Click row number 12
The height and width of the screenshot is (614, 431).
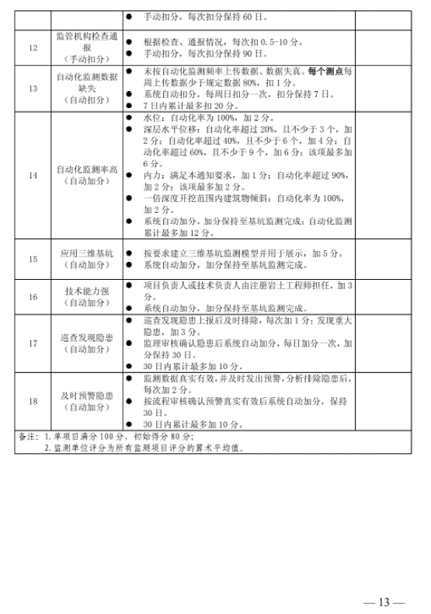pyautogui.click(x=33, y=47)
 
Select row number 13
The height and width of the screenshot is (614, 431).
pyautogui.click(x=33, y=88)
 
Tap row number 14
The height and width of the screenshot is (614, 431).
pyautogui.click(x=33, y=175)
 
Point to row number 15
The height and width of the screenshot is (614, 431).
pyautogui.click(x=33, y=259)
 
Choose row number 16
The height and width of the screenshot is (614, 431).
pyautogui.click(x=33, y=297)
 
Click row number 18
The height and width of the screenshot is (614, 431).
pyautogui.click(x=33, y=401)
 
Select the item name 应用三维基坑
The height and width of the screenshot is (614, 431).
pyautogui.click(x=87, y=253)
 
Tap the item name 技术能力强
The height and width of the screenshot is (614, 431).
pyautogui.click(x=87, y=291)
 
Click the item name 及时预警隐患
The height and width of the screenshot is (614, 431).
pyautogui.click(x=87, y=396)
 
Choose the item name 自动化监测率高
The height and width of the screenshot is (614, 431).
pyautogui.click(x=87, y=169)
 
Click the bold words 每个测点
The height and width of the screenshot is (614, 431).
pyautogui.click(x=326, y=70)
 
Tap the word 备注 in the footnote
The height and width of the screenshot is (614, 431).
pyautogui.click(x=27, y=436)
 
